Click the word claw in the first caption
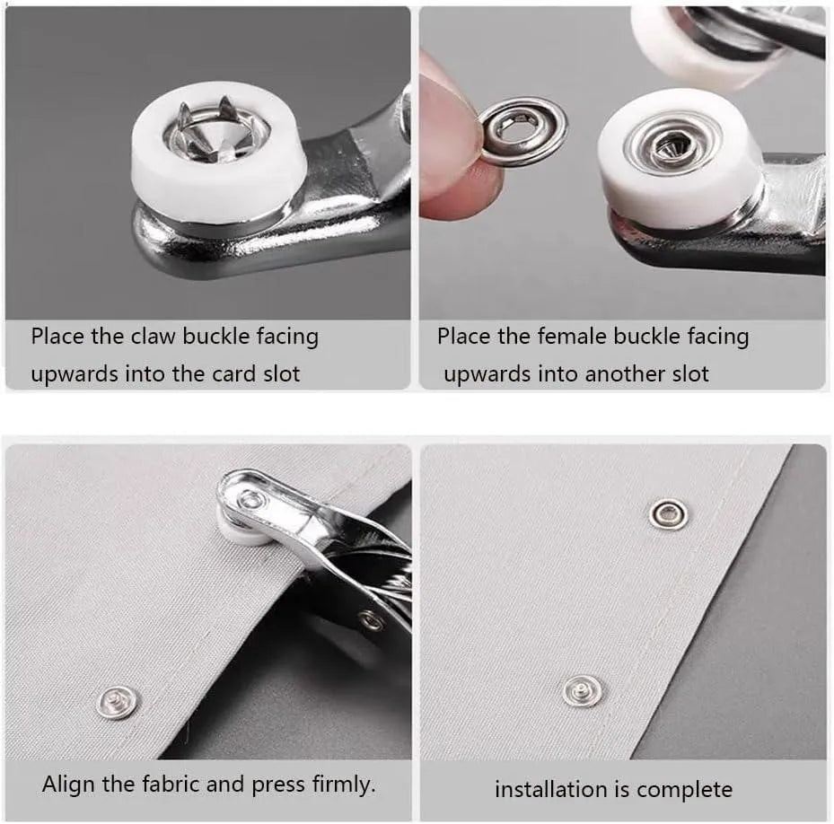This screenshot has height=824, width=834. click(x=154, y=337)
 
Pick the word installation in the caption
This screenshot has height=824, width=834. click(x=549, y=790)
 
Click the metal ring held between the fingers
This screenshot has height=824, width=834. click(x=523, y=131)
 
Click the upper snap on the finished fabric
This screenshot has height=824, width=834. click(x=669, y=513)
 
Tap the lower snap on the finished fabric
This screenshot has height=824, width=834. click(x=582, y=690)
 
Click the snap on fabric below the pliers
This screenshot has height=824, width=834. click(x=118, y=701)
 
